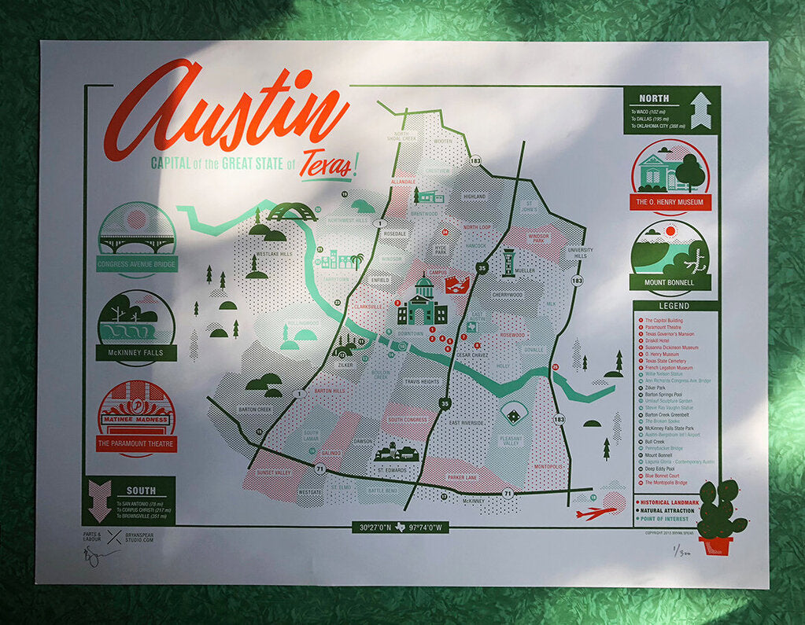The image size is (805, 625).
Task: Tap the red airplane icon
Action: click(596, 513)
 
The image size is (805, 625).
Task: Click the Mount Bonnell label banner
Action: click(670, 281)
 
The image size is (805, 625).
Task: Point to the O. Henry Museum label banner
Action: click(671, 202)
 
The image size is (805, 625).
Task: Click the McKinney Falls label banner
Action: click(137, 353)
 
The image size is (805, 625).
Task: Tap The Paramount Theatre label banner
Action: click(137, 444)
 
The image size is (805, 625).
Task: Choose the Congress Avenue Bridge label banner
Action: click(137, 263)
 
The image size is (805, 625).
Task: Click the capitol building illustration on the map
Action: click(423, 303)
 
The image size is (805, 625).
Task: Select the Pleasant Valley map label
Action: click(511, 442)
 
